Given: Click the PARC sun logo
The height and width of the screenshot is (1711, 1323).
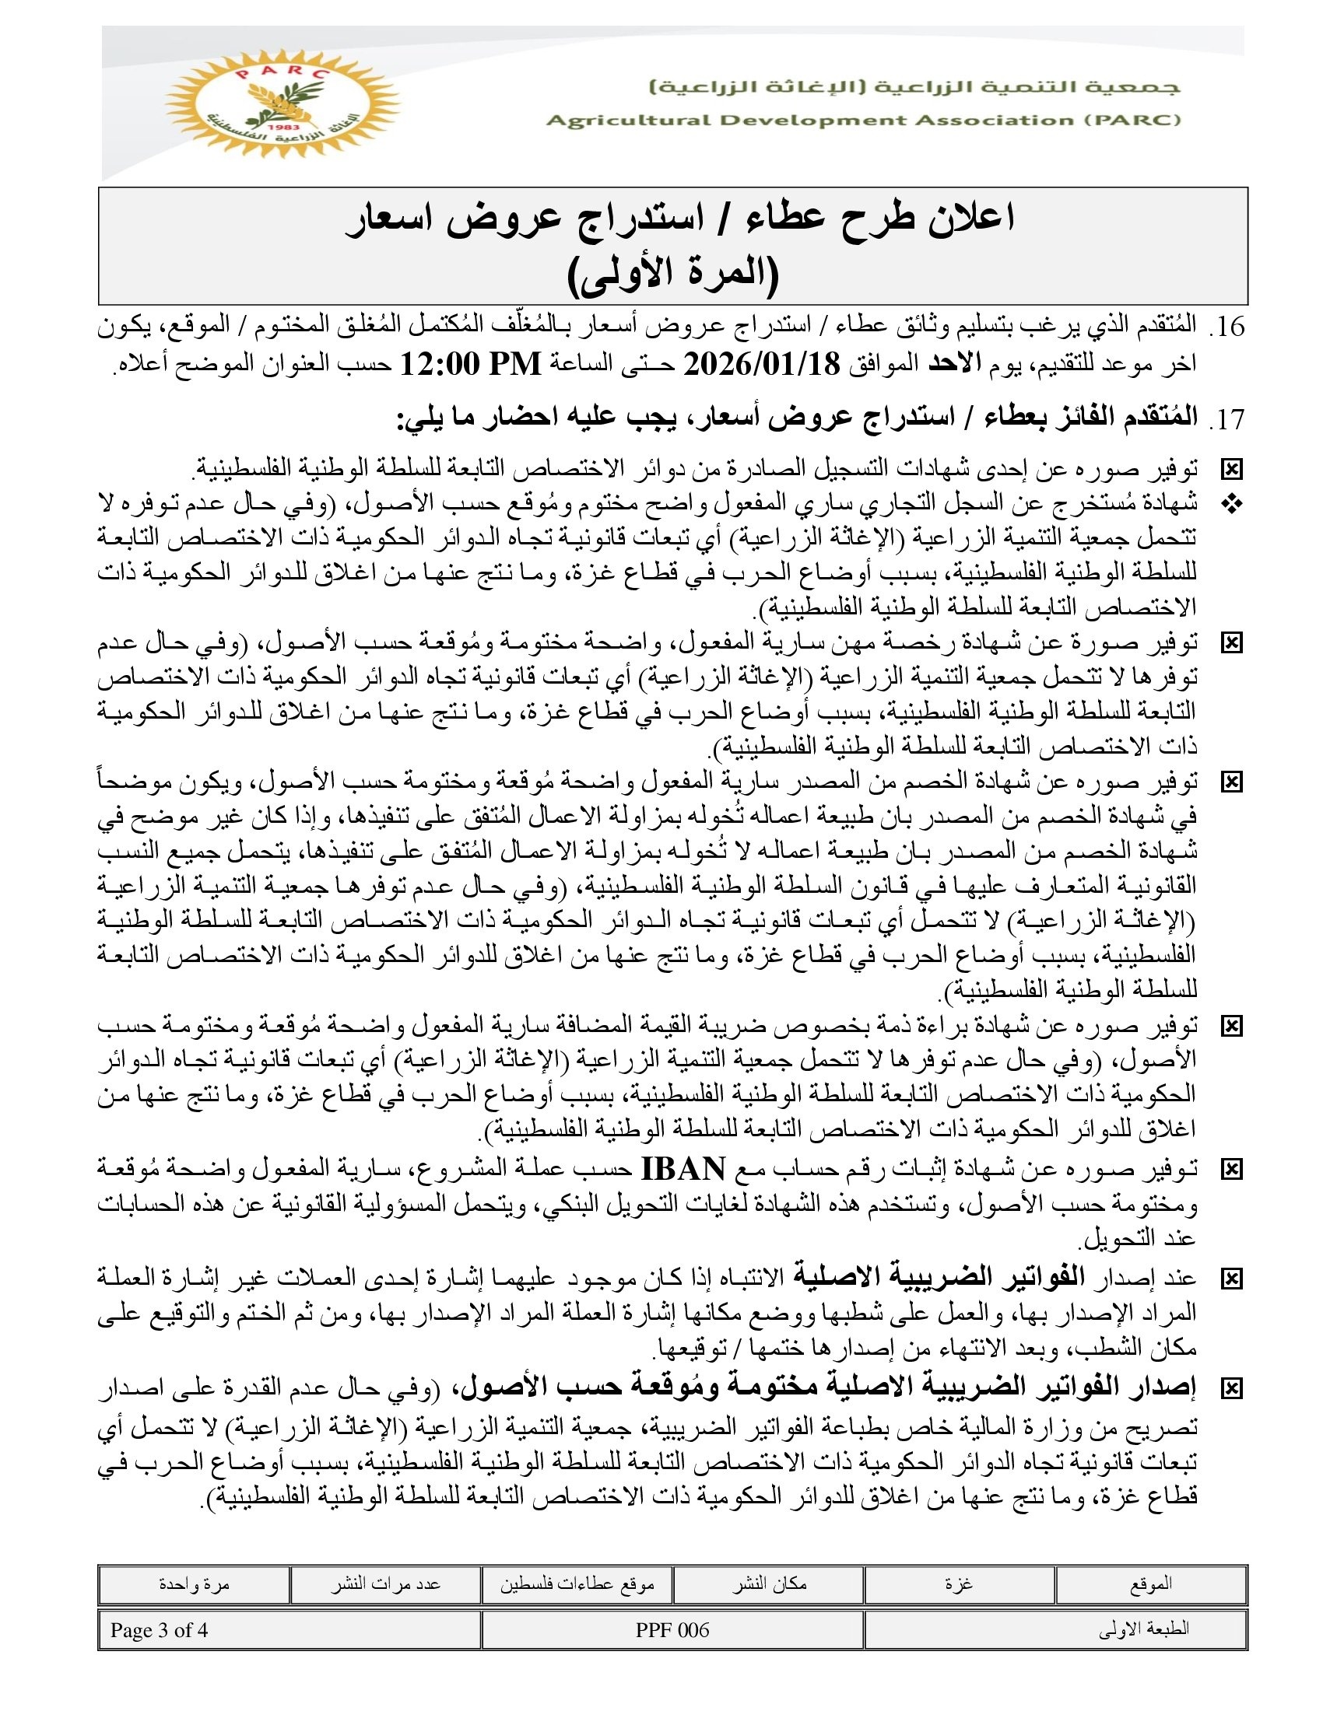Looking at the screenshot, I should [282, 103].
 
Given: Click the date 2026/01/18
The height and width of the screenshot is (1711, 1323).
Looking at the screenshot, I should [762, 364].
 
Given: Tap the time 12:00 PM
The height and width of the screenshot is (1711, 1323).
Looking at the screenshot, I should [471, 364].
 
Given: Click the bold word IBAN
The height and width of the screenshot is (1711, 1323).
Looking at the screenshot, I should [683, 1170].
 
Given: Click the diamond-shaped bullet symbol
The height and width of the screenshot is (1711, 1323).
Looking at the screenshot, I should [1232, 506].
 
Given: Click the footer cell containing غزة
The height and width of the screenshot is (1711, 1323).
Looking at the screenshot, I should [959, 1584].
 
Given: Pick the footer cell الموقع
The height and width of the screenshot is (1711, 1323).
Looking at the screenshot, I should [1150, 1584].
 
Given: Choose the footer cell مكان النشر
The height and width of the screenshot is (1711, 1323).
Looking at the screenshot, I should [769, 1584].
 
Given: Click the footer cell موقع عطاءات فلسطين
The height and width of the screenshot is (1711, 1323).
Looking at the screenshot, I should [577, 1584].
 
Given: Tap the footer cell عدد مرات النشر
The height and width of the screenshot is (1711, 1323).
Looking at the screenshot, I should [385, 1584].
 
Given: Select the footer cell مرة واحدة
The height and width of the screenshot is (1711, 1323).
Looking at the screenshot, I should [194, 1584].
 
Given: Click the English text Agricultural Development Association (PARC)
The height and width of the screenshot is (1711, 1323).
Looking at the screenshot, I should [863, 121].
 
